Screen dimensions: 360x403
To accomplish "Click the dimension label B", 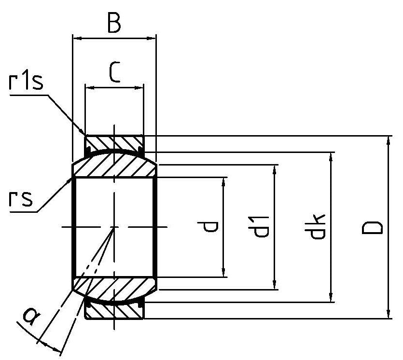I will click(113, 23).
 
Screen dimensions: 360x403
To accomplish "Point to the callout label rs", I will click(21, 198).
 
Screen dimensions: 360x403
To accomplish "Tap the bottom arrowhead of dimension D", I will click(389, 315).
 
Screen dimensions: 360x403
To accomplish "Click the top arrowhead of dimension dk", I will click(331, 156).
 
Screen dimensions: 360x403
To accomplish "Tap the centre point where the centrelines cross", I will click(114, 227).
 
